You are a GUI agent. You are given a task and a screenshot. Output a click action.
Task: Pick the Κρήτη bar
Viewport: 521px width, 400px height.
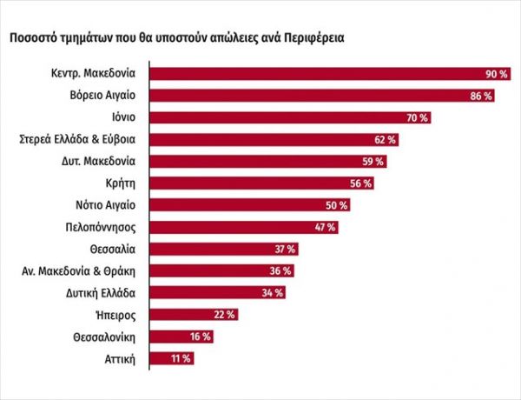252,183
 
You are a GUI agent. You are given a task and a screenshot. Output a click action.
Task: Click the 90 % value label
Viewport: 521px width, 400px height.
497,73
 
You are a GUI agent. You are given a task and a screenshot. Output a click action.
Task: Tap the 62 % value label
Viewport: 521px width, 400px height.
386,139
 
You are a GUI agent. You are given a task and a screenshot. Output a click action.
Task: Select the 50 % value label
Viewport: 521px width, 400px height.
337,204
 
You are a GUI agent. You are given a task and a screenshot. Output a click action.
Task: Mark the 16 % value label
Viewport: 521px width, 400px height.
200,336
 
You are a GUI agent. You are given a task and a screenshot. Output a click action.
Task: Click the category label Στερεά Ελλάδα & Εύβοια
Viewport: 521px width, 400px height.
79,139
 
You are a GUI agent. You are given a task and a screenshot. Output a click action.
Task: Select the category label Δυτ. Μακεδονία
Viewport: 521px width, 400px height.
98,161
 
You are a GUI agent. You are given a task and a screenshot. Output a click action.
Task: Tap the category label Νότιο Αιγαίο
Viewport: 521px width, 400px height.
105,204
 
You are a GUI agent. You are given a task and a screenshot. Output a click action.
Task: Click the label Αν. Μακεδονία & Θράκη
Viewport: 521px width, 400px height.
80,270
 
